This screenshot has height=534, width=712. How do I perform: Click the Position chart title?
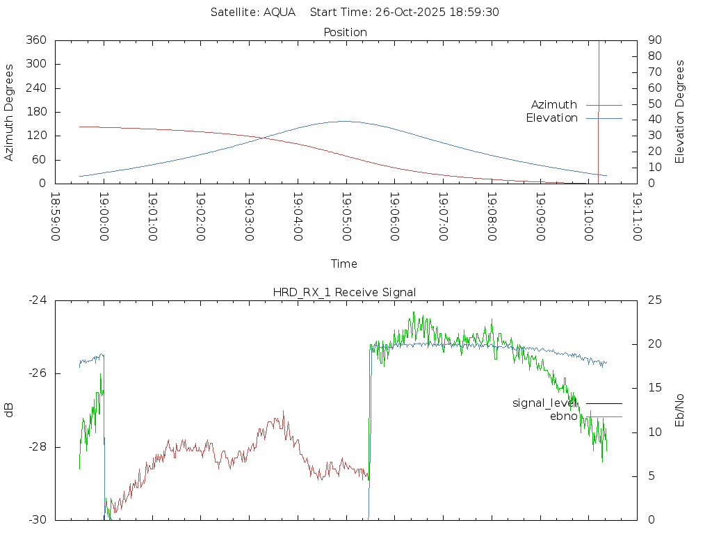click(345, 33)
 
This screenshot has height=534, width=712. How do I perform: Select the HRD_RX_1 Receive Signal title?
click(344, 293)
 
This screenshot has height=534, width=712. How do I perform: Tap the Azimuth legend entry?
click(554, 105)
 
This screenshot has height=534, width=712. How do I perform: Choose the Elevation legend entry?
click(552, 118)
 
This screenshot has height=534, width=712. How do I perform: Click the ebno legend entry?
click(563, 416)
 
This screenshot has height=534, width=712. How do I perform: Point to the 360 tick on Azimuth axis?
click(35, 40)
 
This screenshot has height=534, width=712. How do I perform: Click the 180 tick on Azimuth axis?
click(35, 112)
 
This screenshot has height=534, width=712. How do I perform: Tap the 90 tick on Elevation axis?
click(654, 40)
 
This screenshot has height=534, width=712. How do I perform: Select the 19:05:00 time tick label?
click(346, 216)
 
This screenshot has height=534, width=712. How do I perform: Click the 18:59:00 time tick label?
click(56, 216)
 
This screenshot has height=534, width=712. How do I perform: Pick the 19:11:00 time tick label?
click(636, 216)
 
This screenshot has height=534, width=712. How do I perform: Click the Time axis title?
click(344, 264)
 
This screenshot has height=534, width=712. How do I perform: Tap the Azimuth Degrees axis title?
click(10, 112)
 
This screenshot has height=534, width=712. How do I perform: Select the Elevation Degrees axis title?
click(680, 112)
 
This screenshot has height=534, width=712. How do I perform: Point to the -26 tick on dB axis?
click(37, 373)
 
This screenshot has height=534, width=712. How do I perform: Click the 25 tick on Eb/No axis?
click(654, 300)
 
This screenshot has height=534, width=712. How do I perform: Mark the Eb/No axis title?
click(680, 410)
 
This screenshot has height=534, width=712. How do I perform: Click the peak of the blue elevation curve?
click(346, 121)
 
